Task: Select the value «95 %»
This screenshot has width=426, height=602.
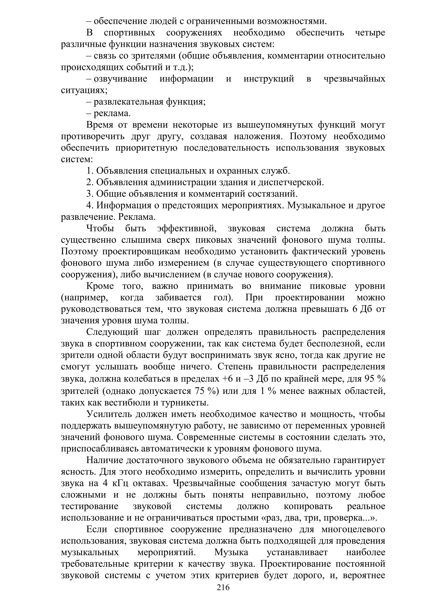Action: pyautogui.click(x=375, y=379)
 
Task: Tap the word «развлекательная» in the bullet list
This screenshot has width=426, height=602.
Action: pyautogui.click(x=129, y=102)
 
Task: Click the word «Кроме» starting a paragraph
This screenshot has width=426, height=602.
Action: pyautogui.click(x=100, y=286)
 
